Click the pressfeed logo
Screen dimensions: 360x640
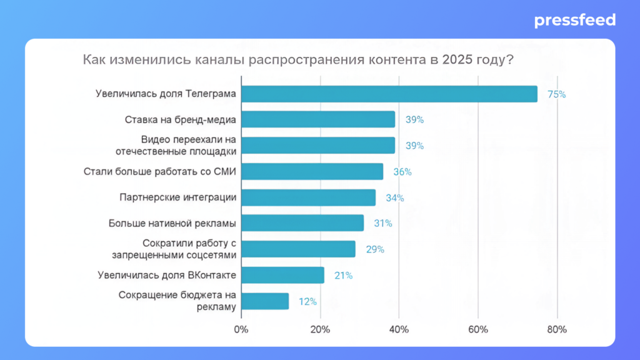[574, 21]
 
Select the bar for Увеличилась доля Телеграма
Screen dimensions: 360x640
[389, 94]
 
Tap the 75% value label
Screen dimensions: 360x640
[556, 94]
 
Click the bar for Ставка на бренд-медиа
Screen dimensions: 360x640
[318, 119]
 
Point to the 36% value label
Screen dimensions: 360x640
[402, 172]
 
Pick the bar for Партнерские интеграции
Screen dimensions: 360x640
[308, 197]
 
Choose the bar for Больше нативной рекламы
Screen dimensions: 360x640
[302, 223]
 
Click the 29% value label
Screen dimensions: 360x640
[375, 249]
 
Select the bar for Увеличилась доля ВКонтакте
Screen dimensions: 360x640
[282, 275]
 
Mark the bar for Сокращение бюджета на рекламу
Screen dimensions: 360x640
[265, 301]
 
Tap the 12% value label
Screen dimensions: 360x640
[307, 301]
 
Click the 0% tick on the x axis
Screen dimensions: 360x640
[241, 329]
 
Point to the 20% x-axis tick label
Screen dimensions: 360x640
[320, 329]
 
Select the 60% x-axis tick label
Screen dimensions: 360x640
[478, 329]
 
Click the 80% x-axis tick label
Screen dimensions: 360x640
[557, 329]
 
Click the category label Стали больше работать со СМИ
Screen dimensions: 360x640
[160, 171]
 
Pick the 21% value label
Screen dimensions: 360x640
[343, 275]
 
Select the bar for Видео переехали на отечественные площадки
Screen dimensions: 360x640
[318, 145]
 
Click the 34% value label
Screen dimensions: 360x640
[394, 198]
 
